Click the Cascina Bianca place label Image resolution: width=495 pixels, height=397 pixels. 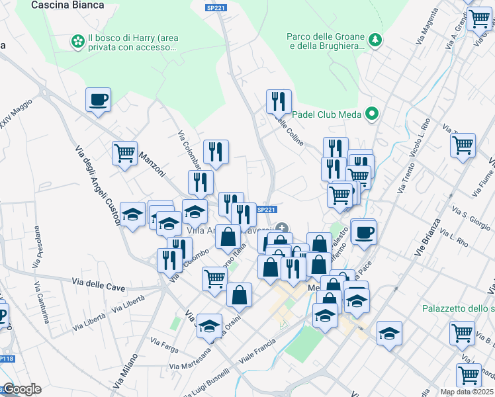[68, 5]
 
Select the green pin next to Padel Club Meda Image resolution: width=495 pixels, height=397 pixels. [371, 114]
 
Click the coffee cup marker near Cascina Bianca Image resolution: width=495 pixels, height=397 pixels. [98, 100]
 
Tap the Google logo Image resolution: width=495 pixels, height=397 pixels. [21, 389]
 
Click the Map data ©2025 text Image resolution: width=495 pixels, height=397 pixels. [467, 392]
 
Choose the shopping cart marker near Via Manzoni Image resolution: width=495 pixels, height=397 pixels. [124, 154]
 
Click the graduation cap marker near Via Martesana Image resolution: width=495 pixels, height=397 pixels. [209, 326]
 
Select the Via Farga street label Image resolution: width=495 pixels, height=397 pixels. [165, 345]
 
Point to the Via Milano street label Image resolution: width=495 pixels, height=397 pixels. [130, 367]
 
